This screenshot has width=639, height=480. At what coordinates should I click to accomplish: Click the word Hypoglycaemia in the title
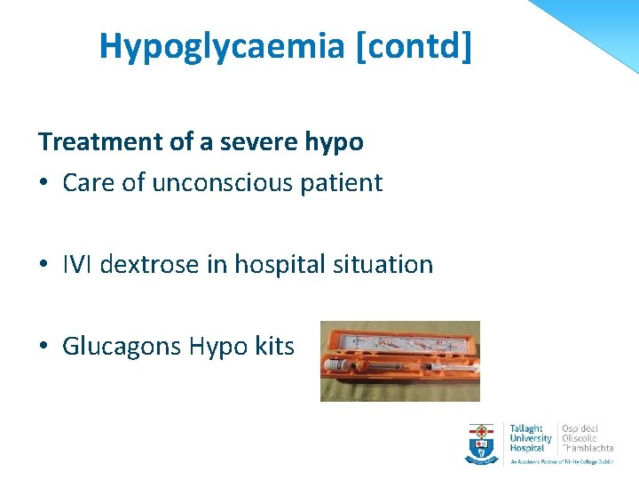pos(222,46)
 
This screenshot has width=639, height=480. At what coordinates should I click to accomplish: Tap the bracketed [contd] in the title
pos(414,46)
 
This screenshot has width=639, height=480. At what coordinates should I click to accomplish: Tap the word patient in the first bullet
pos(343,184)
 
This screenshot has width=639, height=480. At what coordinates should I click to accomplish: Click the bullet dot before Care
pos(44,184)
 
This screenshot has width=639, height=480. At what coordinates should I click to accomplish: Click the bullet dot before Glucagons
pos(44,347)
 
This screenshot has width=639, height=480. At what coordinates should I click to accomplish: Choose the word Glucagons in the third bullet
pos(122,347)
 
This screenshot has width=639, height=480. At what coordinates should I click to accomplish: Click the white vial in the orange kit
pos(343,365)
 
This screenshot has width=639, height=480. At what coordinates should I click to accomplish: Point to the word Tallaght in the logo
pos(526,428)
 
